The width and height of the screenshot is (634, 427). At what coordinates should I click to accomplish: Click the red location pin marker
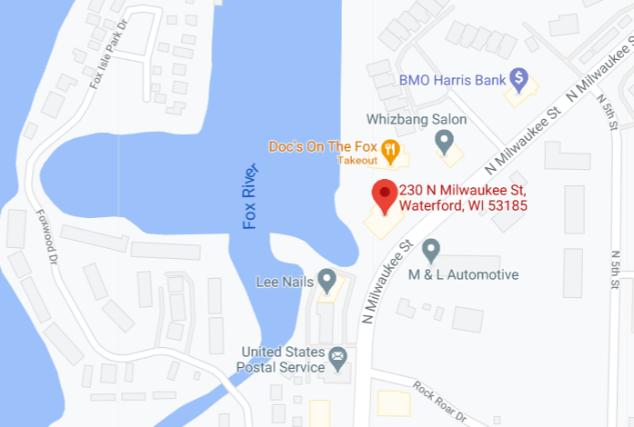(384, 194)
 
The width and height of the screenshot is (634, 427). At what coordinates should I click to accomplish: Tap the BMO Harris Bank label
(452, 80)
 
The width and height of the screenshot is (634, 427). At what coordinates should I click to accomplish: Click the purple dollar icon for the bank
(518, 79)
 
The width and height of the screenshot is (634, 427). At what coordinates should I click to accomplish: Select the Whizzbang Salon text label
(417, 119)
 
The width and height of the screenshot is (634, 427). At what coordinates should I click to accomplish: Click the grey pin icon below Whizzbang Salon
(444, 140)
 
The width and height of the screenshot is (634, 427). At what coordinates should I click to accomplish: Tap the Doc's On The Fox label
(322, 147)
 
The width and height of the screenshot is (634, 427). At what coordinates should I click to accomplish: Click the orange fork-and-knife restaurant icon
(390, 150)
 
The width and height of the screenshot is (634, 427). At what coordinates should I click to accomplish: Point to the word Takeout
(357, 161)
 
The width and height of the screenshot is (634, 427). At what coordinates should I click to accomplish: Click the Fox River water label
(251, 195)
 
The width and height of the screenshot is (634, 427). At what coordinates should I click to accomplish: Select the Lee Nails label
(283, 281)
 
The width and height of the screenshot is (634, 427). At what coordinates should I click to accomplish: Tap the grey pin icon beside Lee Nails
(326, 279)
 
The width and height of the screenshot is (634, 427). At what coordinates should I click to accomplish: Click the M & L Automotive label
(463, 274)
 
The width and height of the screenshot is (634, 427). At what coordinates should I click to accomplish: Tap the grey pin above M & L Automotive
(431, 249)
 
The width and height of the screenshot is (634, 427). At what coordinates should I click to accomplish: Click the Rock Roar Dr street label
(438, 401)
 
